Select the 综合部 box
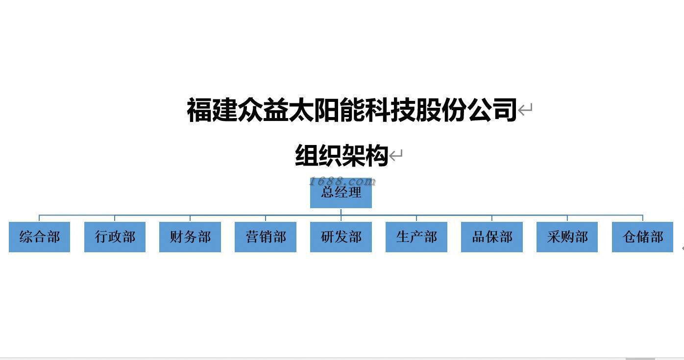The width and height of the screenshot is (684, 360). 39,237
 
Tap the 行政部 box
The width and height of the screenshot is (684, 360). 115,237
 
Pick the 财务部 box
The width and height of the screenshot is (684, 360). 190,237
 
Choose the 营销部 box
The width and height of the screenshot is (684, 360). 266,237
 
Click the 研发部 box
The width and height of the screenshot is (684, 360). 341,237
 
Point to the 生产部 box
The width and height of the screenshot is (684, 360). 416,237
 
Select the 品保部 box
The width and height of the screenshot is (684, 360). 492,237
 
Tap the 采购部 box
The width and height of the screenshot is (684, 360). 567,237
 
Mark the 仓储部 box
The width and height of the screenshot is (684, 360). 642,237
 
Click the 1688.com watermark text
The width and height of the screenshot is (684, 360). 342,182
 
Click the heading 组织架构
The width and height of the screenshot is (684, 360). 342,156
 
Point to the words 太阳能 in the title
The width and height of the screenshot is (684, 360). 327,109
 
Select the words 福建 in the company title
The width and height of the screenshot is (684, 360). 212,109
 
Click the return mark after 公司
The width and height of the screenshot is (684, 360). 525,109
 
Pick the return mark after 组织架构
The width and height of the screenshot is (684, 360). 396,156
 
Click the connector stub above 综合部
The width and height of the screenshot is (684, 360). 39,218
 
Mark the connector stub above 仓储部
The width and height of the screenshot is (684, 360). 642,218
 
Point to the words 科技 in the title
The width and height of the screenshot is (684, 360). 391,109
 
